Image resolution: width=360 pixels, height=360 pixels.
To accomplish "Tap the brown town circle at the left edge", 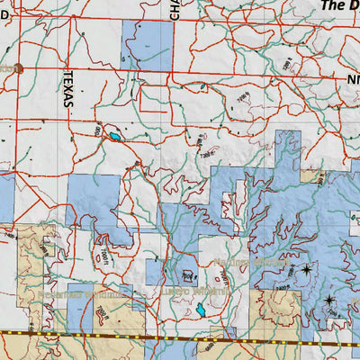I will (x=16, y=68).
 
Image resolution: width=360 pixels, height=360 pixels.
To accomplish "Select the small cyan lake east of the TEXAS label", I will (x=115, y=138).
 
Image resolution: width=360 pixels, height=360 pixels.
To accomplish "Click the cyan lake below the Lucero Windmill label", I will (x=199, y=310).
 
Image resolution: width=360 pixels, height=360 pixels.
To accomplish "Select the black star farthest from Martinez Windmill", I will (x=329, y=300).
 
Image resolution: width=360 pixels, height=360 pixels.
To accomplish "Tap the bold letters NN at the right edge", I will (x=352, y=79).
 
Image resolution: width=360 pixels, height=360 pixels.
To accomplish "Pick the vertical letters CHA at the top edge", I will (x=175, y=10).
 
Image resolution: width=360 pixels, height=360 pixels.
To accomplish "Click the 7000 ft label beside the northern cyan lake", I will (x=99, y=131).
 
